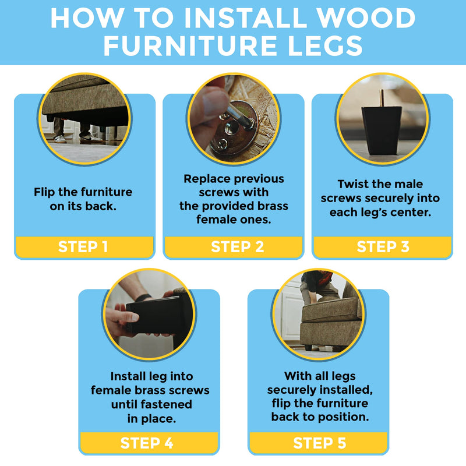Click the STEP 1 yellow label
[x=83, y=246]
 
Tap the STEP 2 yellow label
[x=233, y=246]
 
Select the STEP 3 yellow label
[x=382, y=246]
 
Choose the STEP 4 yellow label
[x=147, y=443]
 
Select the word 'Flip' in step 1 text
[x=47, y=192]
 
